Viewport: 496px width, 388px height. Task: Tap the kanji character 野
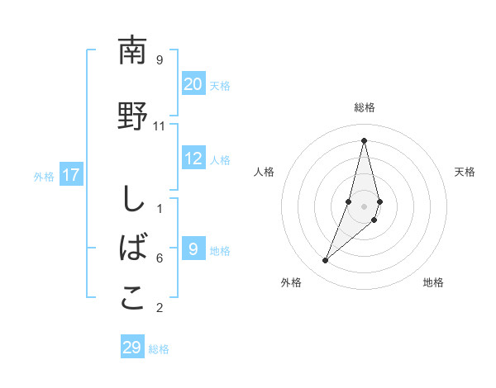click(132, 116)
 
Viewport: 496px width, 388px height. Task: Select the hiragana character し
click(132, 200)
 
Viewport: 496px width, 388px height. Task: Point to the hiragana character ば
click(133, 248)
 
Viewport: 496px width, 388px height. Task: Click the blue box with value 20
click(193, 84)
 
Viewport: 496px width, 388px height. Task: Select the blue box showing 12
click(193, 159)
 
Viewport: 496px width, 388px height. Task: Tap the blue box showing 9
click(193, 249)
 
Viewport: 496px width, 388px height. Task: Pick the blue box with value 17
click(71, 175)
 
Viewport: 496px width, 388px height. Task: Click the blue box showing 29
click(132, 348)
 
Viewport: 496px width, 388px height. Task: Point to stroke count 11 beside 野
click(160, 125)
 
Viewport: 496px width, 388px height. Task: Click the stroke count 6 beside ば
click(160, 258)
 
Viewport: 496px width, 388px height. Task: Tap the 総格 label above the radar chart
click(364, 108)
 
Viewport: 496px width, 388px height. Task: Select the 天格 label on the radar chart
click(465, 172)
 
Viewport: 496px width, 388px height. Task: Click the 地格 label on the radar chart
click(433, 283)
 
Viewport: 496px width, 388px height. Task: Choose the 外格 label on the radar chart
click(291, 283)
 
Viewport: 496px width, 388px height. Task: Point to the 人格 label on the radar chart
click(264, 172)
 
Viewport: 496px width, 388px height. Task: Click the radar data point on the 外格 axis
click(325, 261)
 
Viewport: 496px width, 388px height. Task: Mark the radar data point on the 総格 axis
click(364, 140)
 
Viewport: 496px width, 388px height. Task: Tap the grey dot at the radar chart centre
click(364, 206)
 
